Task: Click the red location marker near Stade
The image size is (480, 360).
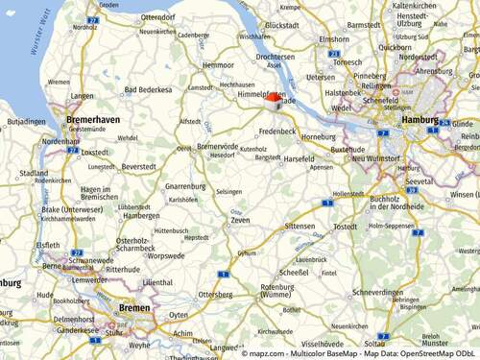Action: click(275, 98)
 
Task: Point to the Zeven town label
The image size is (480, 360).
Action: click(240, 221)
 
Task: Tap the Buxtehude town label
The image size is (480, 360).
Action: click(348, 150)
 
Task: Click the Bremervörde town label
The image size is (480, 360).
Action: click(217, 146)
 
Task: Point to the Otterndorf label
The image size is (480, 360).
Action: click(157, 17)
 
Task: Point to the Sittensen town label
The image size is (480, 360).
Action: click(300, 227)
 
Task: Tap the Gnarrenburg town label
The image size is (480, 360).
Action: click(184, 185)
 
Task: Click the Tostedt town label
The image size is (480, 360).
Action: click(345, 227)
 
